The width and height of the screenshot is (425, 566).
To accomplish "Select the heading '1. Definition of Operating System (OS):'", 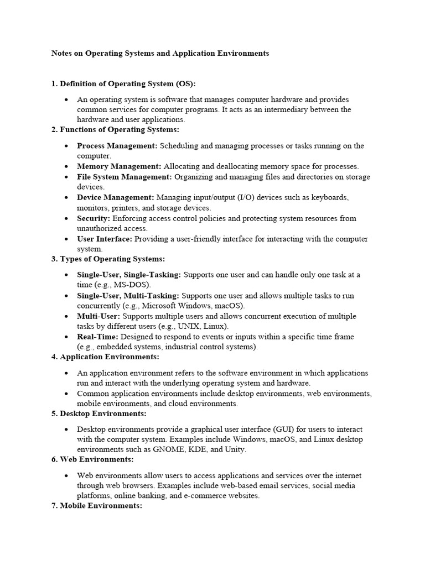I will click(x=123, y=84).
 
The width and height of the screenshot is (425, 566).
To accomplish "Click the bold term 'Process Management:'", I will click(x=117, y=146).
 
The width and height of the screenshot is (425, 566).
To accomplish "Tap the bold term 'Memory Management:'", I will click(x=119, y=166).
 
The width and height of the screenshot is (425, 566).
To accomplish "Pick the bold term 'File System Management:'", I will click(x=125, y=177).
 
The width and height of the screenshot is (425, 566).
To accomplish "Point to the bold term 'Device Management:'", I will click(x=116, y=197).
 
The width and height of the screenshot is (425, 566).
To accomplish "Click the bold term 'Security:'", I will click(x=94, y=218).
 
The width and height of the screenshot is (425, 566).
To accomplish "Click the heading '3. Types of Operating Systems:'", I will click(x=108, y=259).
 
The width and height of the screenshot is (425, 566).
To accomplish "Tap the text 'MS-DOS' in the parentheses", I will click(x=129, y=285).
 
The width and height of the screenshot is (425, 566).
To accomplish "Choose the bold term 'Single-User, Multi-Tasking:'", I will click(x=128, y=296).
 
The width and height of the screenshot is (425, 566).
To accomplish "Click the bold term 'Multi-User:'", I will click(x=99, y=316).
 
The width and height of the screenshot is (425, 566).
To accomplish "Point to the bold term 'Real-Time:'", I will click(x=97, y=337).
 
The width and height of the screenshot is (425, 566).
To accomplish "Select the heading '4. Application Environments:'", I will click(x=105, y=357).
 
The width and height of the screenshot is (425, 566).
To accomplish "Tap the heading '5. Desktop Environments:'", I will click(x=99, y=413).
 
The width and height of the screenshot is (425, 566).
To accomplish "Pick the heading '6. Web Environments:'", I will click(x=92, y=459).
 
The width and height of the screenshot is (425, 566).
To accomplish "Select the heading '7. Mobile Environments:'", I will click(x=97, y=506).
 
